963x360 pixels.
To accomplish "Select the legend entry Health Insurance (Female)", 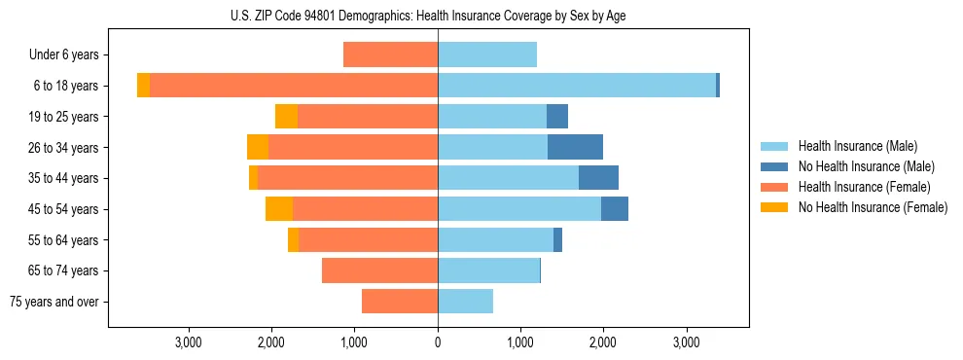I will (x=864, y=187).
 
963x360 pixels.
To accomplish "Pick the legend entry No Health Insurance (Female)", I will (x=873, y=207).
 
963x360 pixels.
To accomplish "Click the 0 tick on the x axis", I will (x=438, y=342).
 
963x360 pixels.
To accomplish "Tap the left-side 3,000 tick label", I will (x=188, y=342).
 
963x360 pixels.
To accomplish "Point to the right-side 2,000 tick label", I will (x=603, y=342).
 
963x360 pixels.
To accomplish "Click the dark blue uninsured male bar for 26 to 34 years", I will (x=575, y=147).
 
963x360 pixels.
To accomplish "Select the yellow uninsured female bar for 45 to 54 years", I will (x=279, y=209).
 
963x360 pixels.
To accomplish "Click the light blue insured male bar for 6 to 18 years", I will (x=577, y=86).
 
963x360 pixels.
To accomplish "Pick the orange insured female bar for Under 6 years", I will (x=390, y=54).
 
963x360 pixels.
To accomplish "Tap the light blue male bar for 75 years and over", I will (x=465, y=302).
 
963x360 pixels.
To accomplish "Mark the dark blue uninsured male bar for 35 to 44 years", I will (x=598, y=178).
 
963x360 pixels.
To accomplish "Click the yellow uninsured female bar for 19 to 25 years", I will (x=286, y=117).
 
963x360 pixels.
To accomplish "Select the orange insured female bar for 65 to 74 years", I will (x=379, y=270).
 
